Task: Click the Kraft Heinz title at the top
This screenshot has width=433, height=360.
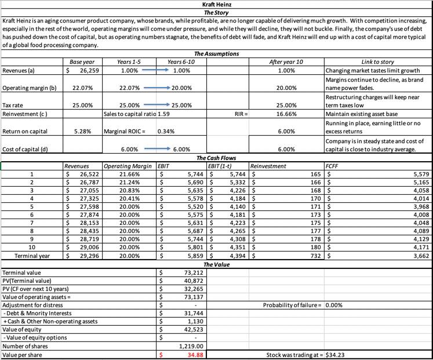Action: (x=216, y=4)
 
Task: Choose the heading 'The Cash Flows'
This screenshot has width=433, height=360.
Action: (x=216, y=157)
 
